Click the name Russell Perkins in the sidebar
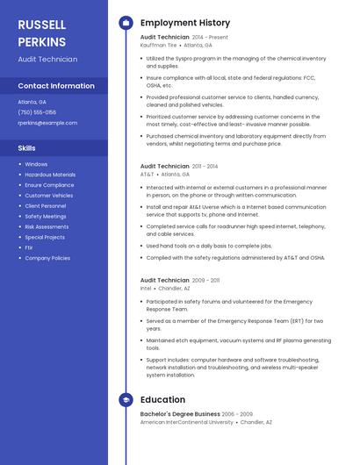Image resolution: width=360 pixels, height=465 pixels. click(41, 32)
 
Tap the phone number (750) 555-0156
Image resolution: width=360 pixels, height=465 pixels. click(37, 112)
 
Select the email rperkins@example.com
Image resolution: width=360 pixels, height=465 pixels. click(47, 123)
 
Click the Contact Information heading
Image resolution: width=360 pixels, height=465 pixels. click(56, 86)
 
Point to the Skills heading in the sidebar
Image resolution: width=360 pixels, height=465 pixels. click(27, 148)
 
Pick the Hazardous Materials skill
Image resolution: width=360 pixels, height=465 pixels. click(50, 175)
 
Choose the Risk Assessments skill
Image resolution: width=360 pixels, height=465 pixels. click(47, 226)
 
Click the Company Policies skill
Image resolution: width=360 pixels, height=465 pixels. click(47, 258)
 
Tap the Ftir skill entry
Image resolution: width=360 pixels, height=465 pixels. click(29, 247)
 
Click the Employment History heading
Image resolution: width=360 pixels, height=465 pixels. click(185, 23)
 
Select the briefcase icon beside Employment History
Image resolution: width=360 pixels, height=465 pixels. click(126, 23)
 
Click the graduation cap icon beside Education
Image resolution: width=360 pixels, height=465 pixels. click(126, 400)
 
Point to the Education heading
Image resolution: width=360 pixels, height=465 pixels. click(162, 400)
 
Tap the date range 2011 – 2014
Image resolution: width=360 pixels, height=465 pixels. click(205, 167)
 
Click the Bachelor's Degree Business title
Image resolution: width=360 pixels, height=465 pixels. click(180, 414)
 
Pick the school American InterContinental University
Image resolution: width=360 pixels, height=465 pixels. click(187, 422)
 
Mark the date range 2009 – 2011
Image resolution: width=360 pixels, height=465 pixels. click(205, 280)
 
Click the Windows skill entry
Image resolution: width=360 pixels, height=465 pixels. click(36, 164)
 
